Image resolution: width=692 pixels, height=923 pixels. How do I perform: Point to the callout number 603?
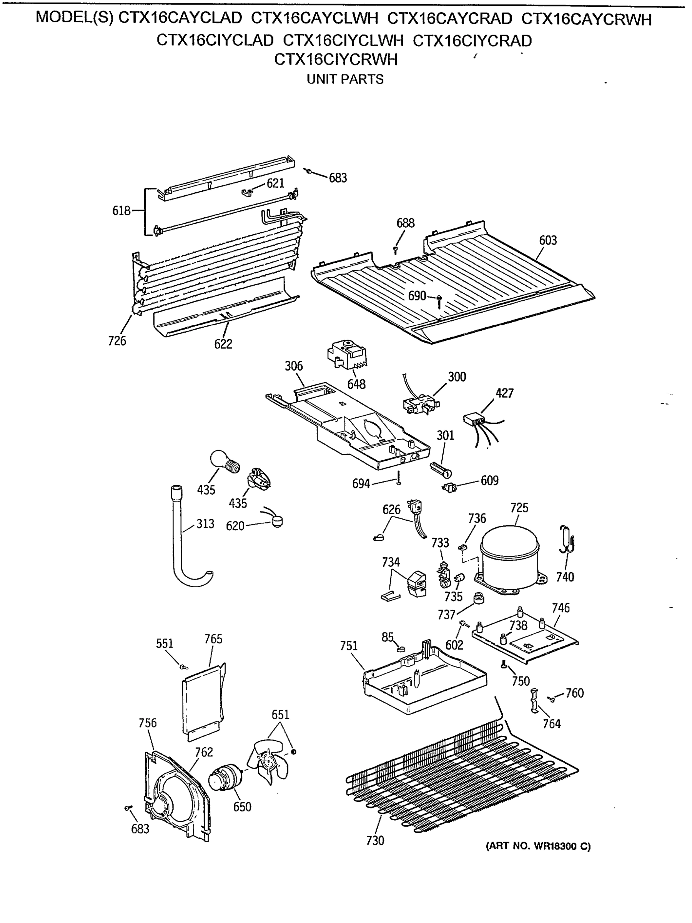548,240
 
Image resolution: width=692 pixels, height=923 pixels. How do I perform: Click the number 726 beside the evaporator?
117,341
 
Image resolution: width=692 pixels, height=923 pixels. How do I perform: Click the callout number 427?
504,393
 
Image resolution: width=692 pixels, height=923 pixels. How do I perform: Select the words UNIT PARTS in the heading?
345,79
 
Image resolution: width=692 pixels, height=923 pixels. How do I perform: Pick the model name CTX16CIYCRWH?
336,60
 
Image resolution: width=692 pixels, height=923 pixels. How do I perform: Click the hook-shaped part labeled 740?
567,540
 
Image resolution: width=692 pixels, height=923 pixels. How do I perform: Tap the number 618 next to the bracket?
121,211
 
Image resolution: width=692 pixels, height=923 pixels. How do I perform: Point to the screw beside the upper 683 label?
309,171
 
